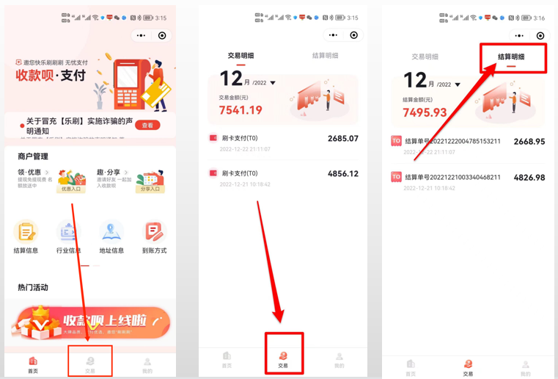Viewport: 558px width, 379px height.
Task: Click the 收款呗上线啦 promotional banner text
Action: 103,321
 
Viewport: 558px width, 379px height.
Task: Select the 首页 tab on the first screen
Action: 33,364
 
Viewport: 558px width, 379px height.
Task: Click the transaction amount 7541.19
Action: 241,110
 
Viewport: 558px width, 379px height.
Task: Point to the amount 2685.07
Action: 342,138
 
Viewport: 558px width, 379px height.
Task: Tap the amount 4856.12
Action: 342,174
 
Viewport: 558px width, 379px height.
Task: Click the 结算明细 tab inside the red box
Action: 511,57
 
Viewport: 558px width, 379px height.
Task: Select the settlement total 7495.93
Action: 425,112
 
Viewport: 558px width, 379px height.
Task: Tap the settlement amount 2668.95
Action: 529,141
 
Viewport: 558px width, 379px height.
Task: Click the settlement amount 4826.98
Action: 529,178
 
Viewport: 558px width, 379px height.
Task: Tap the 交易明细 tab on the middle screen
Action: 242,56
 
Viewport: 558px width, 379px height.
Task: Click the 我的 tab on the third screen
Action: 525,367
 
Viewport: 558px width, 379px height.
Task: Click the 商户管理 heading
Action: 33,156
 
